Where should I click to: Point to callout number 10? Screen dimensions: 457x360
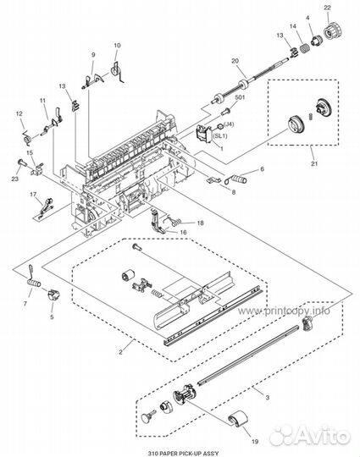click(117, 45)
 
